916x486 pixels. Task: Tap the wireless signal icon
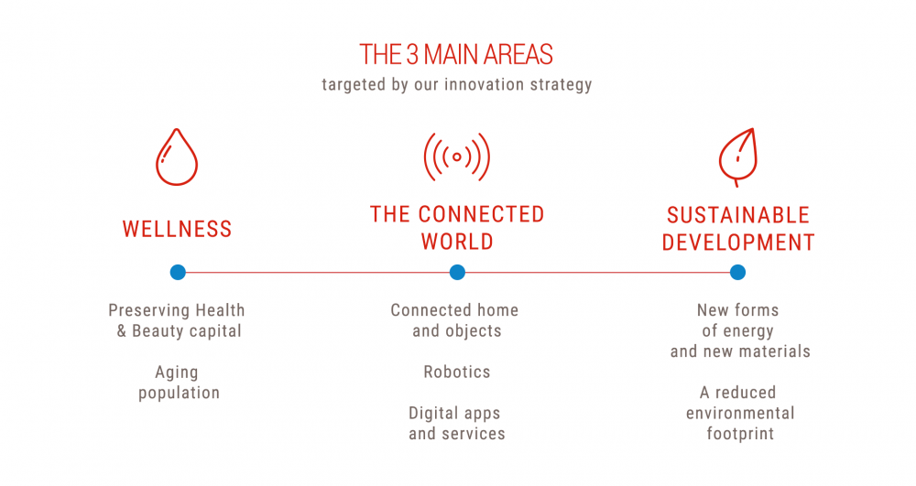click(x=457, y=157)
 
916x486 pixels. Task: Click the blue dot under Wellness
click(x=178, y=272)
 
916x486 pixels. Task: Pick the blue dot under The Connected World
click(x=457, y=272)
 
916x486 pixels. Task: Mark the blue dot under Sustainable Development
click(x=737, y=272)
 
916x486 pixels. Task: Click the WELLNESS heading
click(x=177, y=229)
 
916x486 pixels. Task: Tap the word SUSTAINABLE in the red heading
click(x=738, y=216)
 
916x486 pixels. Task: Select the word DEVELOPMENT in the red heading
click(x=738, y=243)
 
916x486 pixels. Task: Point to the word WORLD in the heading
click(x=457, y=242)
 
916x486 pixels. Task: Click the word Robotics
click(x=457, y=373)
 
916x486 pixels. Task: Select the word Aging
click(x=177, y=373)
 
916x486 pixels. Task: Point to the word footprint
click(x=740, y=434)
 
